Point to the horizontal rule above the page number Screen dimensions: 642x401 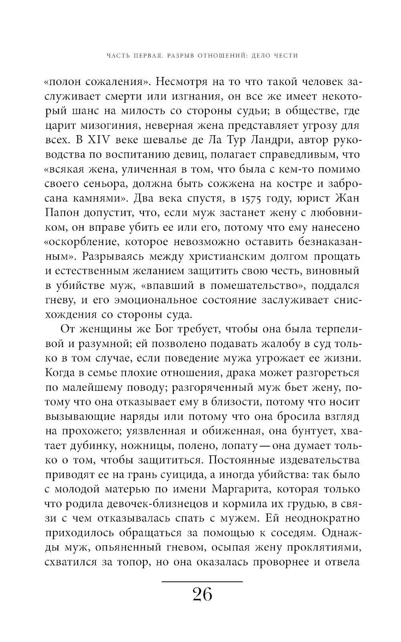point(202,581)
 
